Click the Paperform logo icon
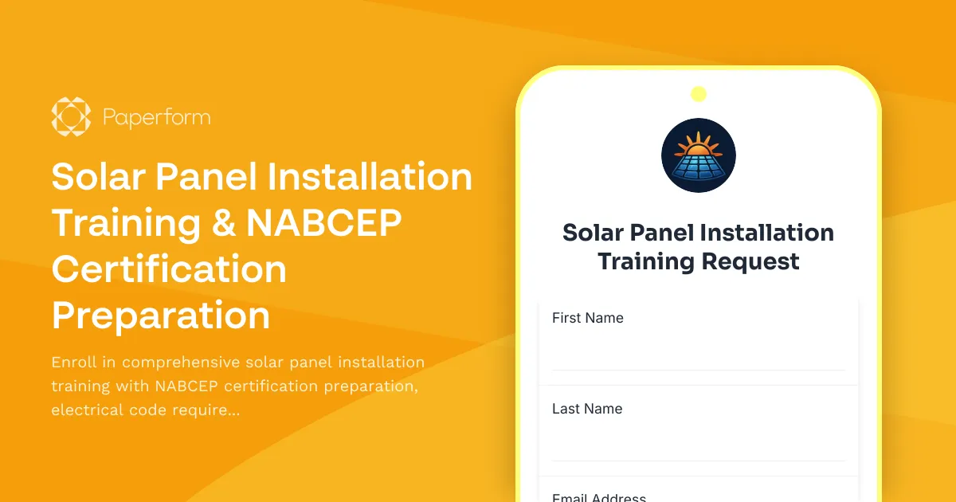pos(71,117)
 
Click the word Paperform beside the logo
pos(157,118)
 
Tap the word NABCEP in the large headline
pos(323,223)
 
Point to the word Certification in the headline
pos(169,269)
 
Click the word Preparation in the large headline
pos(161,316)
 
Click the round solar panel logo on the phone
pos(699,155)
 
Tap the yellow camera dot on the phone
pos(699,94)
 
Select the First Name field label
pos(588,318)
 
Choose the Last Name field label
pos(587,409)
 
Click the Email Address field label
pos(599,497)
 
